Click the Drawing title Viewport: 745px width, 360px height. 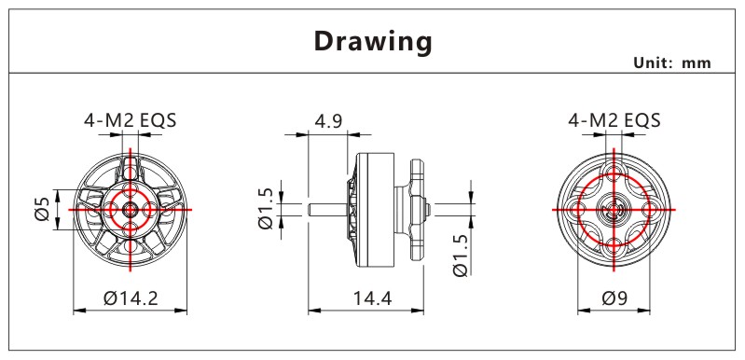[x=373, y=41]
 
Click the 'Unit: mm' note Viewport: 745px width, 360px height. [x=672, y=62]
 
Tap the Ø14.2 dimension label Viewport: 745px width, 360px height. [x=131, y=298]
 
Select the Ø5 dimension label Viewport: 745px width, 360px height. [x=42, y=209]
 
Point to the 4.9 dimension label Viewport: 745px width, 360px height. [x=328, y=121]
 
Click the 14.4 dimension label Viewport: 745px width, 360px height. [x=372, y=298]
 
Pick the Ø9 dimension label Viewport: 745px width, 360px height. [x=614, y=298]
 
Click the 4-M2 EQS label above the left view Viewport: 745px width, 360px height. [x=131, y=120]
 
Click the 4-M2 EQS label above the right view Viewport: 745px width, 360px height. [x=614, y=120]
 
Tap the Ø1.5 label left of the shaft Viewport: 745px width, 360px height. [x=266, y=209]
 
